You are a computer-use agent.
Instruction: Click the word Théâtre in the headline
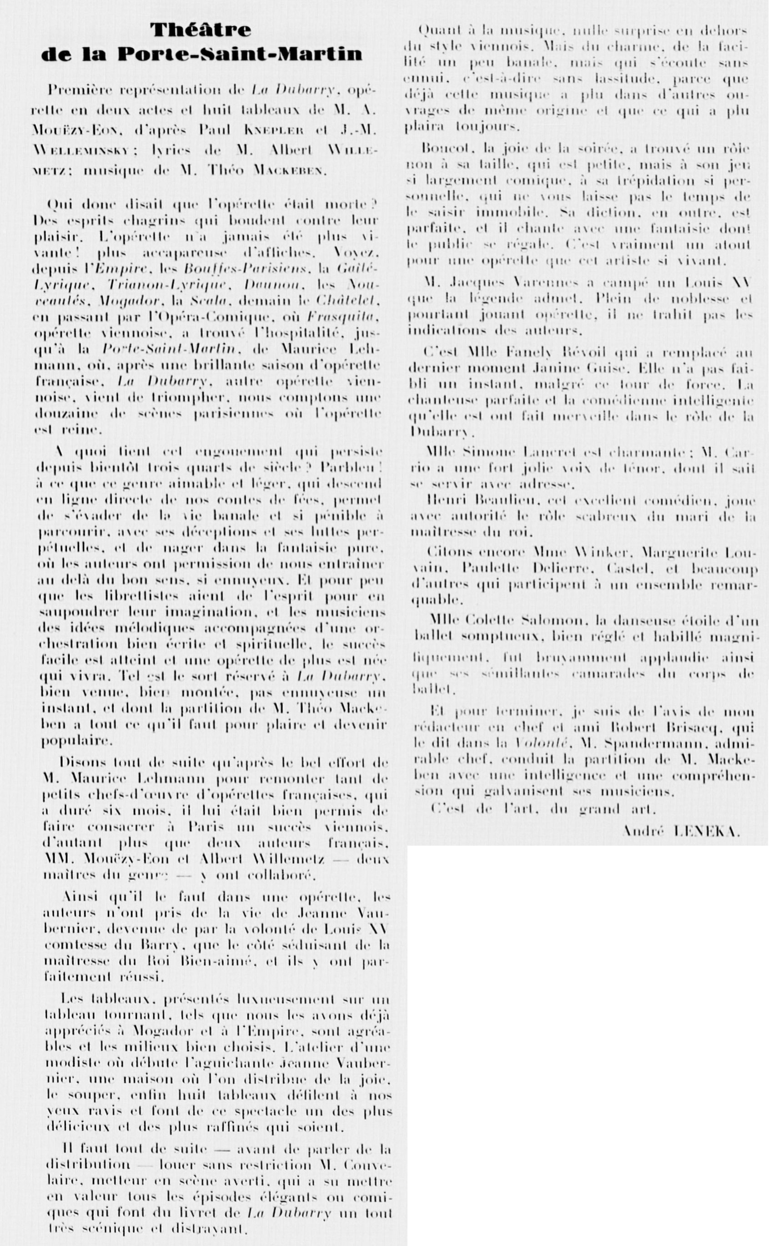(201, 30)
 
